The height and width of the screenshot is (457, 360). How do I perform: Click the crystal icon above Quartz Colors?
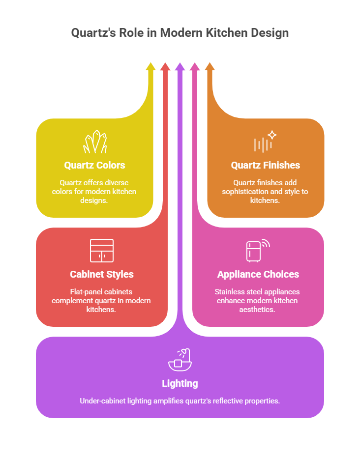(x=95, y=142)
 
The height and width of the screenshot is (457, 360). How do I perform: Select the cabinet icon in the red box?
(x=102, y=251)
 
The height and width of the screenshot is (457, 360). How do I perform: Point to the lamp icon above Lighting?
(x=180, y=360)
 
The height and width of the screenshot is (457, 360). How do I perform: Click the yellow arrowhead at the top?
(x=151, y=66)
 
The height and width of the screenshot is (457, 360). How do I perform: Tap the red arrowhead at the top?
(x=165, y=66)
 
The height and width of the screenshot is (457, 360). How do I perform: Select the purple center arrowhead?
(x=180, y=66)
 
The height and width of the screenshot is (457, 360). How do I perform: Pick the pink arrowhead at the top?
(x=195, y=66)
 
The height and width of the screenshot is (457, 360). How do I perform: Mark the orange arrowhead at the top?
(x=210, y=66)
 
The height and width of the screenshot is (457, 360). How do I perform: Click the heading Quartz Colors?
(x=94, y=165)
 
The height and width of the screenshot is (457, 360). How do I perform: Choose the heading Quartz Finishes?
(x=266, y=165)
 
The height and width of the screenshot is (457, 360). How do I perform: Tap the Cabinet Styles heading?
(x=102, y=274)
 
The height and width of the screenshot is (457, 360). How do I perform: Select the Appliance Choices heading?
(x=258, y=274)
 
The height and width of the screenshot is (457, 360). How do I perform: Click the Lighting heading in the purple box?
(x=180, y=383)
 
